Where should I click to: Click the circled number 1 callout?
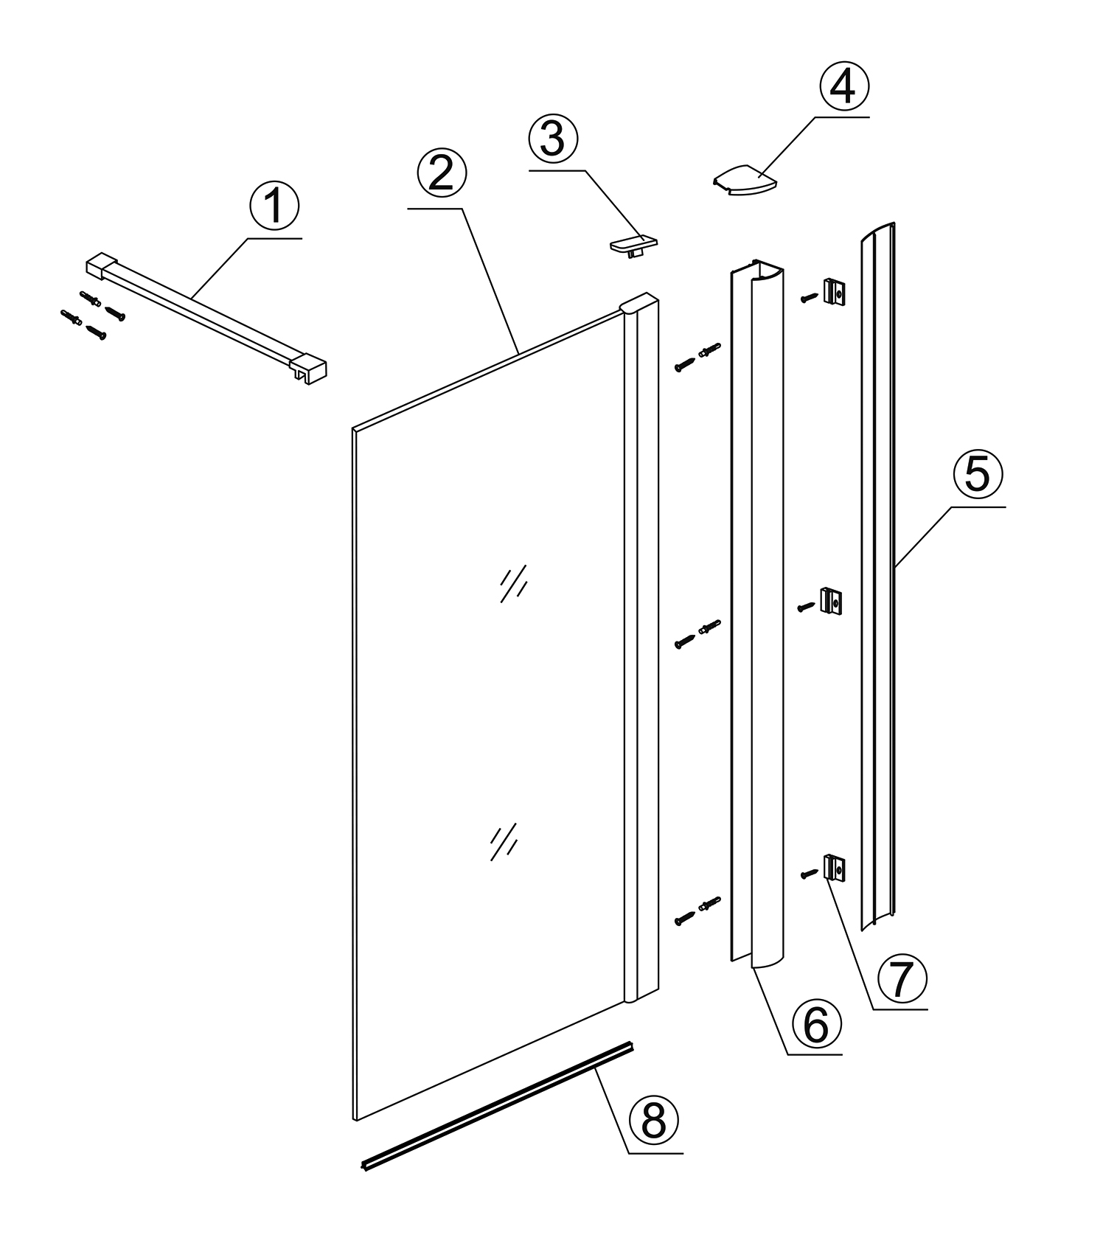[274, 206]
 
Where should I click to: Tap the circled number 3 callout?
[553, 139]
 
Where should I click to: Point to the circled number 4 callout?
[843, 87]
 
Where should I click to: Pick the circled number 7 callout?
[902, 978]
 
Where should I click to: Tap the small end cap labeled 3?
[633, 244]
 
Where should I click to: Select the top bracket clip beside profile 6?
[835, 292]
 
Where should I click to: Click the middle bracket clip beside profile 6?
[833, 602]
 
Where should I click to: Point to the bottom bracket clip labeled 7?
[834, 868]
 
